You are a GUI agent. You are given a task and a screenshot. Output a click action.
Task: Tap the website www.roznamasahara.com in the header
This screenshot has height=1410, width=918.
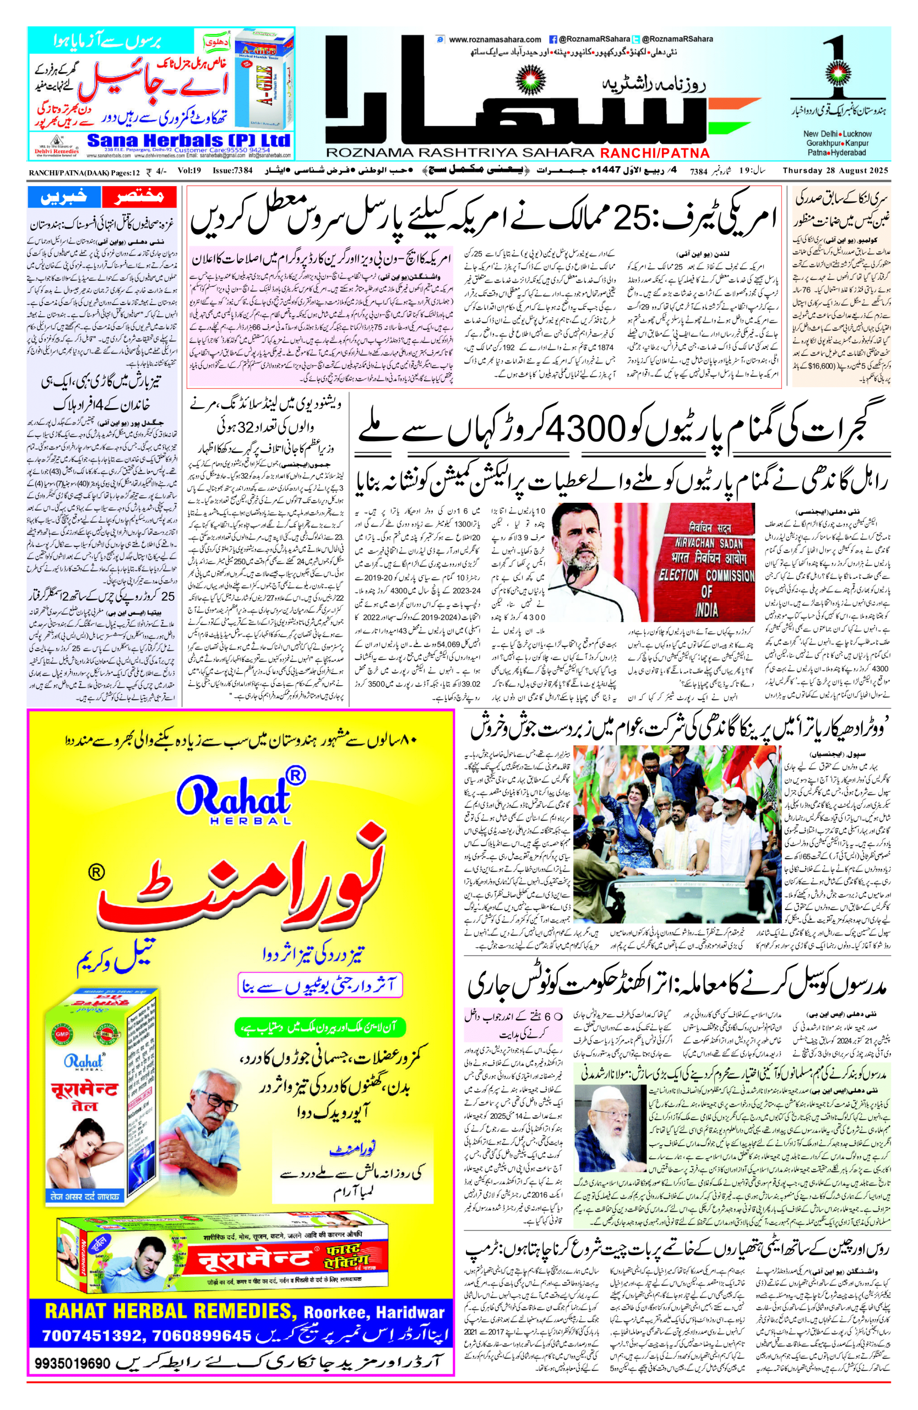point(495,40)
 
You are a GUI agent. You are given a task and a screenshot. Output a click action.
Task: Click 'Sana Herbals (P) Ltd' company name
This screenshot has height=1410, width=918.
point(188,141)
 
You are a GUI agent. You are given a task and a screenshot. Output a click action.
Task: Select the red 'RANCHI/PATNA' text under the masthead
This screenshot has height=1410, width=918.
point(654,153)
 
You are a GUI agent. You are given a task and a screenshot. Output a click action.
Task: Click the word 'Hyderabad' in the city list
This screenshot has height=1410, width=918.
point(846,153)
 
